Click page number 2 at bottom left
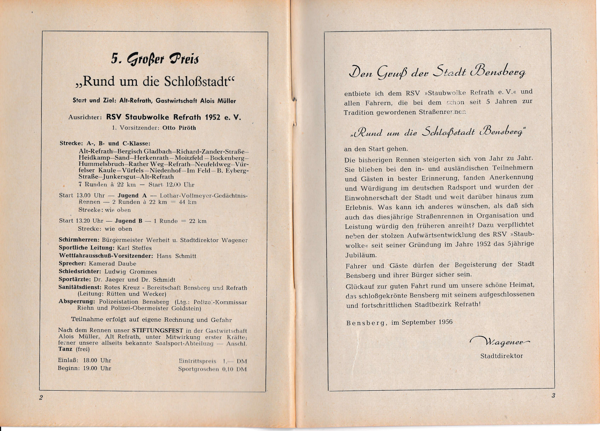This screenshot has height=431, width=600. tap(41, 397)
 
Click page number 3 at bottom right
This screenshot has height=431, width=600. tap(553, 396)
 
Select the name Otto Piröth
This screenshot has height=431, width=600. tap(179, 128)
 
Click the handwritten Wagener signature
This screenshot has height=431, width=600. tap(500, 341)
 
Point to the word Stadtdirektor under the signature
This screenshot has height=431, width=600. tap(501, 356)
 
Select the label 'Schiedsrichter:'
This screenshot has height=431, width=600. tap(80, 271)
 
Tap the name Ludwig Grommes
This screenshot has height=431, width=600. tap(131, 272)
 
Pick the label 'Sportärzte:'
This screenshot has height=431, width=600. tap(75, 280)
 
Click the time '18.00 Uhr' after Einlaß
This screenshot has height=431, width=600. tap(97, 360)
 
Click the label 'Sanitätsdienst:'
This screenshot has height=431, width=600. tap(80, 288)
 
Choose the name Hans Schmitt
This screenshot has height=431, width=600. tap(176, 256)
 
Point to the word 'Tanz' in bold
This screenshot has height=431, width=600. tap(65, 349)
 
